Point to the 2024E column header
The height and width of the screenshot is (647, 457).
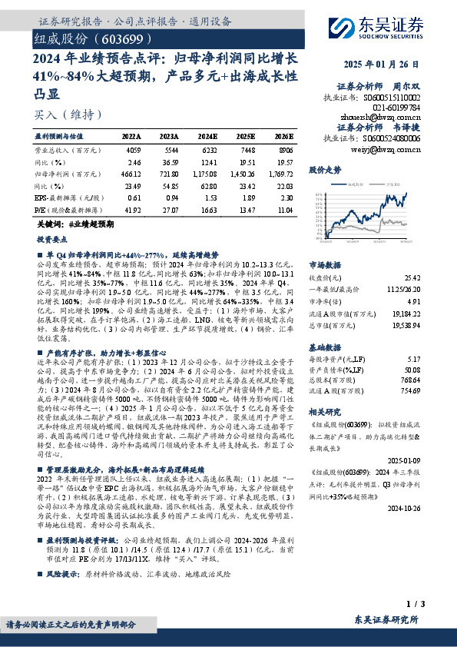[206, 134]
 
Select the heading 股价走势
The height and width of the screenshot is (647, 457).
[323, 168]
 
